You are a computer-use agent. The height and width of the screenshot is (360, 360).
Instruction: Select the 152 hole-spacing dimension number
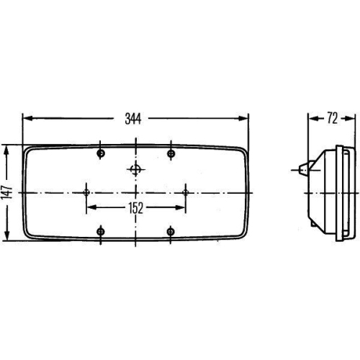point(136,208)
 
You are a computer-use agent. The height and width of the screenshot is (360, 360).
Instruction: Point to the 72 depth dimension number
point(332,119)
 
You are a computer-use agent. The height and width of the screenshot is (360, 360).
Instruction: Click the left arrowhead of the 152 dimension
point(90,208)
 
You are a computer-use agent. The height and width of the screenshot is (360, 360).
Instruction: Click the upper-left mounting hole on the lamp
point(101,153)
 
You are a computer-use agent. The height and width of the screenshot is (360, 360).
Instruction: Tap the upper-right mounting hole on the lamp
point(171,153)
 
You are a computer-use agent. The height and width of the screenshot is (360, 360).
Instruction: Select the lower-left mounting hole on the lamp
point(101,231)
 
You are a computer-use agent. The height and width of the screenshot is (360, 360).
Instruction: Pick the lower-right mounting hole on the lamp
point(171,231)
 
